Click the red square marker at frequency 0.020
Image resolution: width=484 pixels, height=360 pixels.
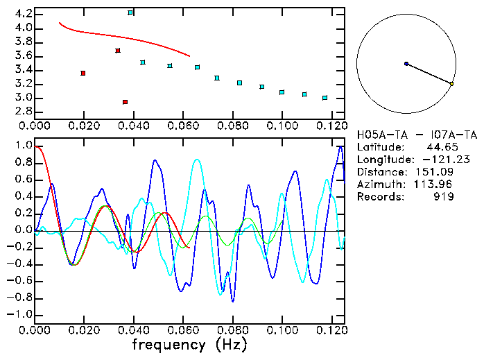pyautogui.click(x=83, y=73)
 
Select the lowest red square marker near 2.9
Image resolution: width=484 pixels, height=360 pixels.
pyautogui.click(x=125, y=102)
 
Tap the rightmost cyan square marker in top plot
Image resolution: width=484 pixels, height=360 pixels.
pyautogui.click(x=325, y=98)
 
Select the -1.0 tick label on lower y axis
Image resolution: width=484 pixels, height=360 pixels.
pyautogui.click(x=20, y=314)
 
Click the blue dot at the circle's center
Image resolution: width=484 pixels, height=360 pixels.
pyautogui.click(x=406, y=64)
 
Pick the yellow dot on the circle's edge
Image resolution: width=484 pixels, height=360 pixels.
pyautogui.click(x=451, y=84)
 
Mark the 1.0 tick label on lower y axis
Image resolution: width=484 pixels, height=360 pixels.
pyautogui.click(x=23, y=146)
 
